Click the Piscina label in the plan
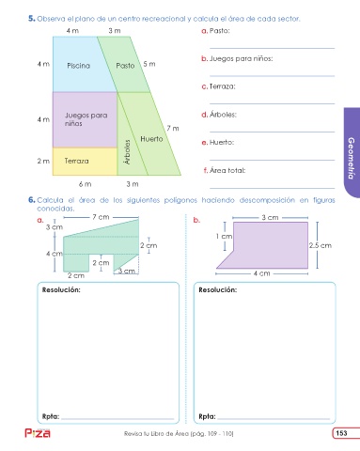pyautogui.click(x=78, y=66)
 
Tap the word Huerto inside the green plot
pyautogui.click(x=151, y=139)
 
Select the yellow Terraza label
pyautogui.click(x=77, y=161)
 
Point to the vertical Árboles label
pyautogui.click(x=127, y=152)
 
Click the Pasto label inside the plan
pyautogui.click(x=125, y=66)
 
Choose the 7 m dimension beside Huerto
pyautogui.click(x=173, y=128)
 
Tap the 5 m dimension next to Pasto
pyautogui.click(x=149, y=64)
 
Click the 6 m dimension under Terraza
pyautogui.click(x=85, y=184)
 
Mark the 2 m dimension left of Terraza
pyautogui.click(x=43, y=161)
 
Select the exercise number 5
pyautogui.click(x=31, y=19)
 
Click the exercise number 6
pyautogui.click(x=31, y=200)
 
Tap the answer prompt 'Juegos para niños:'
pyautogui.click(x=241, y=59)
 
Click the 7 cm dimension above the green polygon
pyautogui.click(x=101, y=217)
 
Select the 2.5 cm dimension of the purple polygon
pyautogui.click(x=321, y=245)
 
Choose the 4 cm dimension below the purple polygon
pyautogui.click(x=261, y=273)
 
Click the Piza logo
pyautogui.click(x=38, y=433)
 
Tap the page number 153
pyautogui.click(x=341, y=433)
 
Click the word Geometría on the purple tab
pyautogui.click(x=352, y=158)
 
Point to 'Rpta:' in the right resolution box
pyautogui.click(x=207, y=416)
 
